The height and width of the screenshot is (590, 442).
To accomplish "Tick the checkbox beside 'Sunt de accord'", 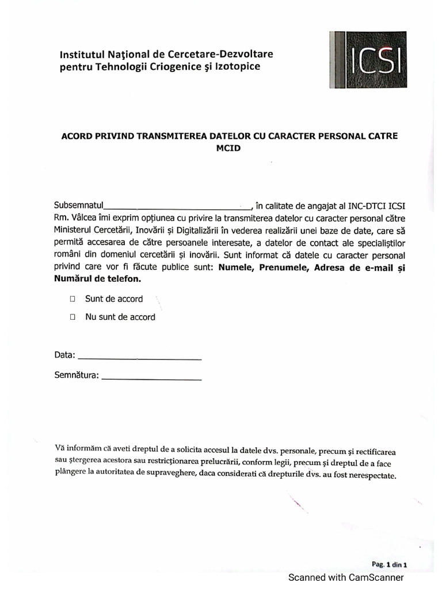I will [x=73, y=299].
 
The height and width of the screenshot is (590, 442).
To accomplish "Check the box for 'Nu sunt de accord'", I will [x=73, y=317].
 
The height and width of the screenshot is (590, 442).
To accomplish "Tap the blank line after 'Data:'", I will [x=139, y=357].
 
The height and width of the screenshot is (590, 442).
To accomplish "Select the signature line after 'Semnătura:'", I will [x=151, y=378].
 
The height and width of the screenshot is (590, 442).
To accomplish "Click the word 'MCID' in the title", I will [x=229, y=148].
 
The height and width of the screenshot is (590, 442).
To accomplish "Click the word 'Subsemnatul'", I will [x=78, y=205].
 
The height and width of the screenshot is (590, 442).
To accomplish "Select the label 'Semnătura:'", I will [x=77, y=376].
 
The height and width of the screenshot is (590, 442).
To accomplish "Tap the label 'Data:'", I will [x=64, y=355].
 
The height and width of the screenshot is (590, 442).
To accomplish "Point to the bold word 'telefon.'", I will [x=123, y=279].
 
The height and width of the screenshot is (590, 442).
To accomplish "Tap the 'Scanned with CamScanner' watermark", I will [x=346, y=577].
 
